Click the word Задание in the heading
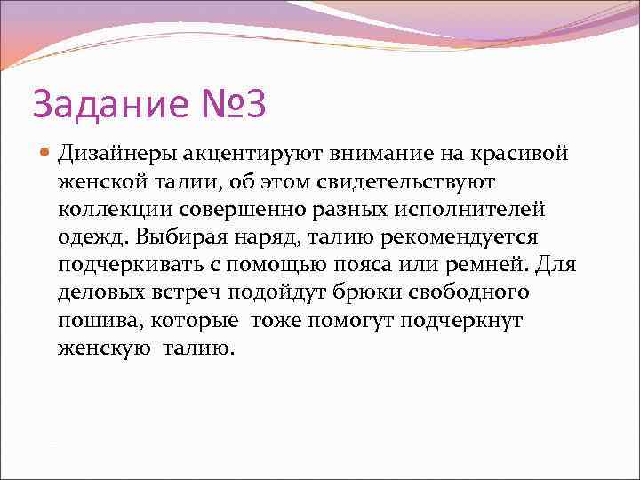108,104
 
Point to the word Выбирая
175,237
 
